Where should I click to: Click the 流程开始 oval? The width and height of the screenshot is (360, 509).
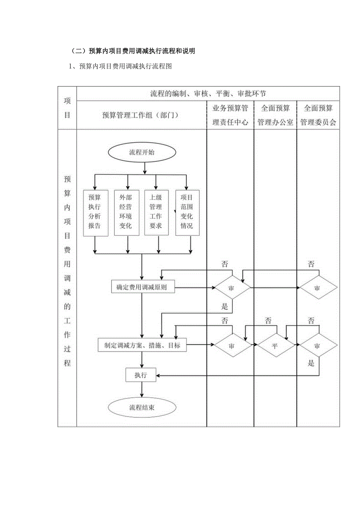tap(142, 153)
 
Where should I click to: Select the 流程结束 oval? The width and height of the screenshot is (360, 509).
tap(142, 407)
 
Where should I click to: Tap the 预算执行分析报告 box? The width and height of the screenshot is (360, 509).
tap(95, 212)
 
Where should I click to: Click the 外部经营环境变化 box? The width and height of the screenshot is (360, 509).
tap(126, 212)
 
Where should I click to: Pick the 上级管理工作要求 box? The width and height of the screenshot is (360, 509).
tap(156, 212)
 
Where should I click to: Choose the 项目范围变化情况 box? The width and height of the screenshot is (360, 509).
tap(187, 212)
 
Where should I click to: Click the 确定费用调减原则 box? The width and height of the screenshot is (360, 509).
tap(142, 287)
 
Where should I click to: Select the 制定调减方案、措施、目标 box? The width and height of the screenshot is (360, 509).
tap(142, 345)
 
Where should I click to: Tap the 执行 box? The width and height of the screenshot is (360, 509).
tap(141, 375)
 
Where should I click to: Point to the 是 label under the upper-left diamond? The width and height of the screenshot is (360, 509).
tap(225, 306)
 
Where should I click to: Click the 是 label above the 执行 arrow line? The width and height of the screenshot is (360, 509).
tap(311, 363)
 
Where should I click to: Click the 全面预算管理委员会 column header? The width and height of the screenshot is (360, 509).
tap(318, 115)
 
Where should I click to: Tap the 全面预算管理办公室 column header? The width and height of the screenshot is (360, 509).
tap(275, 115)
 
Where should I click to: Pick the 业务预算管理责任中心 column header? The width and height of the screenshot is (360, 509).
tap(230, 115)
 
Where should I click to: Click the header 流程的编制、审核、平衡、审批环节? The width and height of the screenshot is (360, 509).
tap(208, 94)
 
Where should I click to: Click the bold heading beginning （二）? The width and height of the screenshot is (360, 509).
tap(133, 51)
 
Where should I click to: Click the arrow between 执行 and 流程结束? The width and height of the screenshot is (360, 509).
tap(142, 390)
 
